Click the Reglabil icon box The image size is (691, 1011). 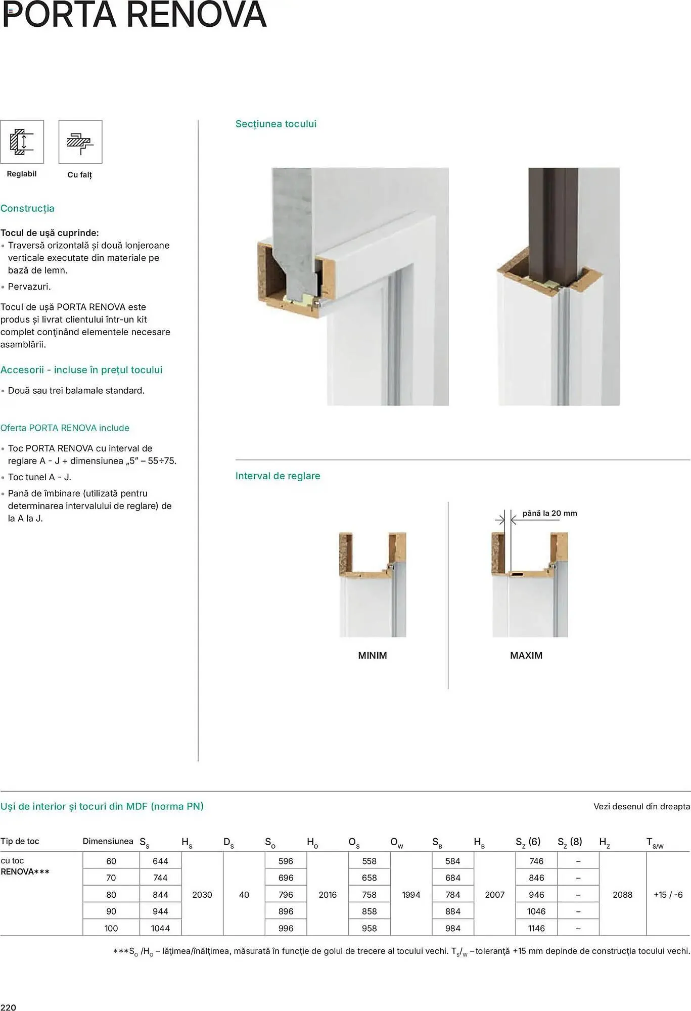tap(22, 142)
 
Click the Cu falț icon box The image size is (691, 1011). tap(80, 142)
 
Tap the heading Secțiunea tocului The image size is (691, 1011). tap(275, 124)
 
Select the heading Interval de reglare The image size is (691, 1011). tap(278, 476)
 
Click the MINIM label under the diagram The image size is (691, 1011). tap(372, 655)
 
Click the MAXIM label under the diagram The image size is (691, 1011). tap(526, 655)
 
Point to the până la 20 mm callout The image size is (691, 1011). tap(549, 513)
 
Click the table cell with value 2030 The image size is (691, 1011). tap(202, 894)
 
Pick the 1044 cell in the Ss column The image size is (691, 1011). tap(160, 928)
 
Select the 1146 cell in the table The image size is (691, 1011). tap(536, 928)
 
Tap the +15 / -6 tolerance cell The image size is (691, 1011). tap(668, 894)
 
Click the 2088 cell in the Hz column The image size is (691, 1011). tap(622, 894)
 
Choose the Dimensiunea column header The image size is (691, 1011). tap(108, 841)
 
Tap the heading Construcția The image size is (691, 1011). tap(27, 208)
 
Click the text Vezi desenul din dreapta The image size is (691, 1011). tap(641, 806)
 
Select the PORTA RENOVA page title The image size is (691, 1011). tap(134, 15)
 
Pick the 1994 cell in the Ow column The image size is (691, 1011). tap(411, 894)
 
